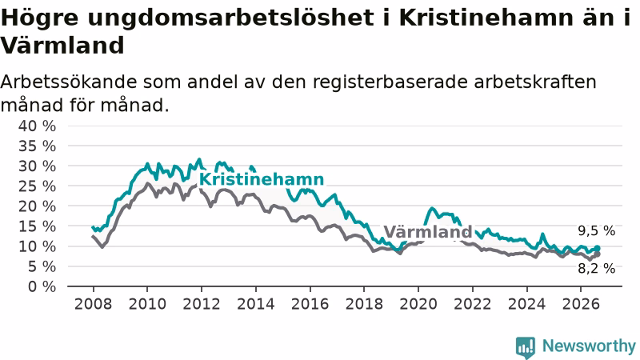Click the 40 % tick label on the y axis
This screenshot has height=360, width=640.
(x=37, y=126)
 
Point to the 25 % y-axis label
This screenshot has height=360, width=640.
(x=37, y=186)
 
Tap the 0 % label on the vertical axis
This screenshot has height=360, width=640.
(x=42, y=286)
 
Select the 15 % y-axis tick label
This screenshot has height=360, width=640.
(x=37, y=226)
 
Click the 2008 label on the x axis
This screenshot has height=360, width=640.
(x=93, y=304)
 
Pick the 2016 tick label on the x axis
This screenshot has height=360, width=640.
(x=310, y=304)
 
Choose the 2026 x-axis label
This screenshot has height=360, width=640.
(x=581, y=304)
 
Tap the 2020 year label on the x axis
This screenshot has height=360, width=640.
(x=418, y=304)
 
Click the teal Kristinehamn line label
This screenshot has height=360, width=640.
(x=262, y=179)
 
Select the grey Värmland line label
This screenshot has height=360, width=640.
(x=428, y=232)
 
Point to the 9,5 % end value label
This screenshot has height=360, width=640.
(x=596, y=231)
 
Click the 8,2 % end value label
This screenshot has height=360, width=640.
(x=596, y=269)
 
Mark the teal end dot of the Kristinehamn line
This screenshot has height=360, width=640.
(x=597, y=248)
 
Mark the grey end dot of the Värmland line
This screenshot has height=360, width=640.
(x=597, y=254)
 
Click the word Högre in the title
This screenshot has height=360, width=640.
(x=39, y=18)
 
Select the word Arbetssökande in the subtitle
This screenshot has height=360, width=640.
(x=69, y=82)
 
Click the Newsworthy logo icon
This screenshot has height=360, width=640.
(x=526, y=347)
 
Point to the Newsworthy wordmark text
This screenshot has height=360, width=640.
(x=589, y=346)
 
